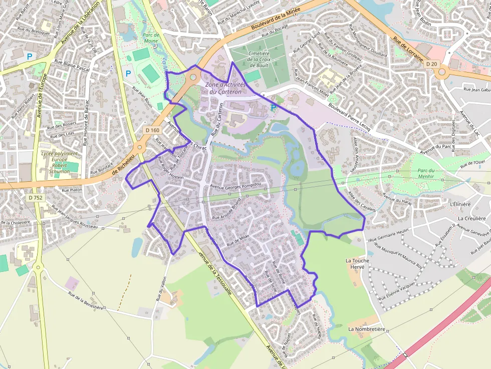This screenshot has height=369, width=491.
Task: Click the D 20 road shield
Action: [431, 64]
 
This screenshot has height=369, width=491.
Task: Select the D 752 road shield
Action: [36, 198]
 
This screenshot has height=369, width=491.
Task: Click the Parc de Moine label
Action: [150, 38]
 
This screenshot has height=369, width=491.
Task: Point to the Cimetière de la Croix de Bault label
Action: [258, 60]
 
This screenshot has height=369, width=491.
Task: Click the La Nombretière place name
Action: [367, 329]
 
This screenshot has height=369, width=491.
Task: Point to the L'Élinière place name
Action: [460, 204]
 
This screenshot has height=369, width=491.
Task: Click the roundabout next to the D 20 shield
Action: [441, 73]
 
